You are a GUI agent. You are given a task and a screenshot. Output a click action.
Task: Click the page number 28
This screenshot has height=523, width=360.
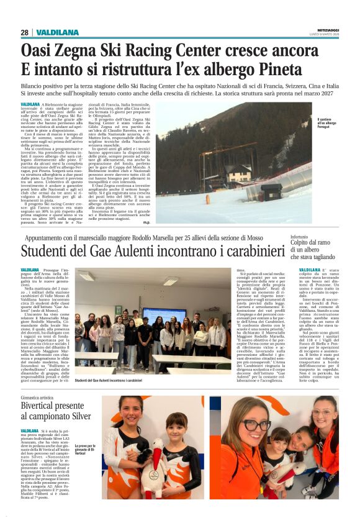tap(24, 32)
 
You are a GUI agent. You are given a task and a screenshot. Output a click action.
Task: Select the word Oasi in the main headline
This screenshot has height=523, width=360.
tap(37, 48)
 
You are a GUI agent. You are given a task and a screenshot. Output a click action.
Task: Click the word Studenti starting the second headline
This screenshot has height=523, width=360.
tap(47, 252)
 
